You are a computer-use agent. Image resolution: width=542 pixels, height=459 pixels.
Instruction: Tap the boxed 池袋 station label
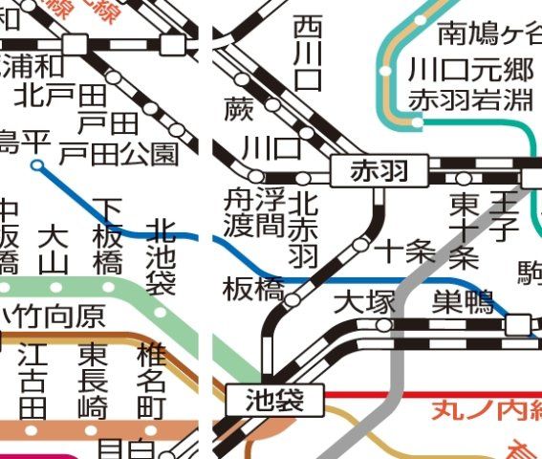tap(272, 401)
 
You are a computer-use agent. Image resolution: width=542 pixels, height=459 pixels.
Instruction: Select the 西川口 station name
tap(308, 53)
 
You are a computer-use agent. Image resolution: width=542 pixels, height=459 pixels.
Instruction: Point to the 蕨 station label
tap(239, 109)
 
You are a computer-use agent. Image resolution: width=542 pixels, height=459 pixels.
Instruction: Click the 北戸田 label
tap(60, 95)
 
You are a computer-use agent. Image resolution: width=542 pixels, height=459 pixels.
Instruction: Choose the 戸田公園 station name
tap(119, 152)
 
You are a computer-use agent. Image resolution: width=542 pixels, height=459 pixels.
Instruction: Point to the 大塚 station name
tap(364, 303)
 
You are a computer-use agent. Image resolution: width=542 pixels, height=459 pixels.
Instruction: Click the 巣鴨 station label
tap(463, 303)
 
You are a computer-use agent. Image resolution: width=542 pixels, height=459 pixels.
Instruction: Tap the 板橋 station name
tap(253, 289)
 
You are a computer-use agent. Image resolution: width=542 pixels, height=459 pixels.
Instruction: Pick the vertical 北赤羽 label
tap(303, 229)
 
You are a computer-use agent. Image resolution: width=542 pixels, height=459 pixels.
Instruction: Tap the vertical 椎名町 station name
tap(151, 379)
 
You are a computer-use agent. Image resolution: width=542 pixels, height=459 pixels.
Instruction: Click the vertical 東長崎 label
tap(92, 379)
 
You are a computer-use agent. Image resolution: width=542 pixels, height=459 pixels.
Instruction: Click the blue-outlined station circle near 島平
tap(36, 165)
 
